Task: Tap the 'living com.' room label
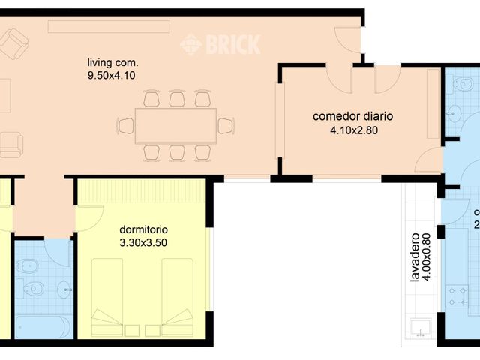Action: coord(112,62)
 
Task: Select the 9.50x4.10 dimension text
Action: coord(112,75)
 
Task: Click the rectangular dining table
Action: coord(176,125)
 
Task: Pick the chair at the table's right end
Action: coord(226,125)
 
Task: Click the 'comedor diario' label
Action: coord(352,117)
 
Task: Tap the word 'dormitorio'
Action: coord(144,229)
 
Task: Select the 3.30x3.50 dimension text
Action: coord(144,242)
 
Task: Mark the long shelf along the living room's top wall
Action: coord(109,26)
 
